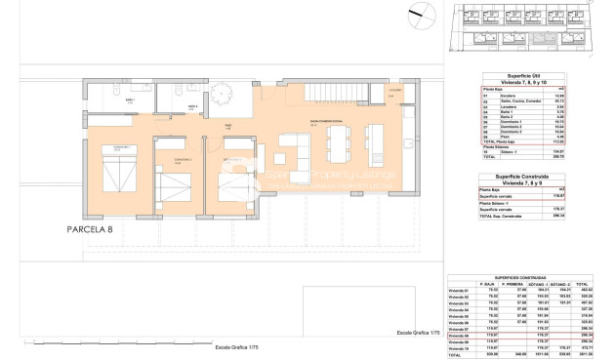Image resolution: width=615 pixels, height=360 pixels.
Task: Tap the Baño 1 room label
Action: pos(130,100)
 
